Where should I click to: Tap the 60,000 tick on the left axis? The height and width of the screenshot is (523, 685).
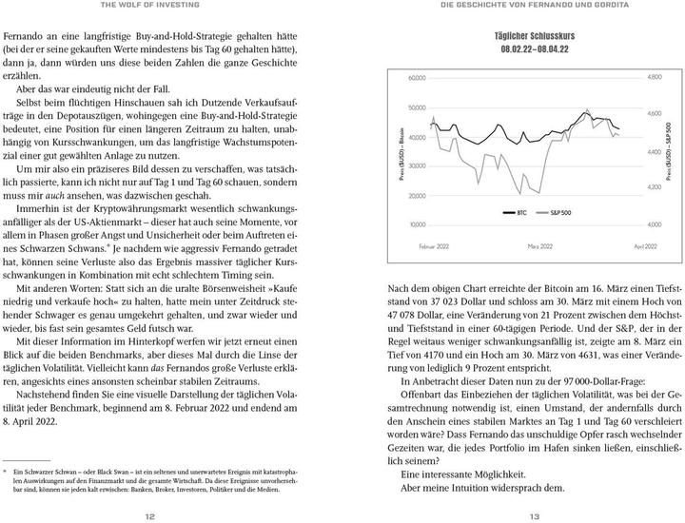[417, 77]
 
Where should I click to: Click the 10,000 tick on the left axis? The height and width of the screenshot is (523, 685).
[417, 225]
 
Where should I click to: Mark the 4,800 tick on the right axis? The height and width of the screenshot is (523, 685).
[654, 77]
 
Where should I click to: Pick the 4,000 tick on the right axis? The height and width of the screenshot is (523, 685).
[654, 225]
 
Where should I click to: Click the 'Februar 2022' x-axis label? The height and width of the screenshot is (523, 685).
[435, 246]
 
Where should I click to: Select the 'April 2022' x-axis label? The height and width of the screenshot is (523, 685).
[645, 246]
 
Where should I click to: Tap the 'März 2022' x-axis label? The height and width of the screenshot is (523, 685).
[540, 246]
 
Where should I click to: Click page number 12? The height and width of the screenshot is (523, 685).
[149, 516]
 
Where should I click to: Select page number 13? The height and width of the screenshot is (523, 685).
[535, 516]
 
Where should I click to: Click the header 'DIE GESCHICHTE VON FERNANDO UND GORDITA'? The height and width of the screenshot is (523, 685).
[535, 5]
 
